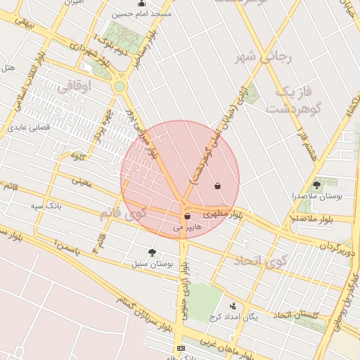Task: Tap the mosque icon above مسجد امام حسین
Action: click(x=123, y=3)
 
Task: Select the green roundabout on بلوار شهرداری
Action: click(x=120, y=86)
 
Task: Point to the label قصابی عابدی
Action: click(x=26, y=128)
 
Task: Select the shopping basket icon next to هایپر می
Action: click(x=186, y=217)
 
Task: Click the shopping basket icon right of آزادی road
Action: click(x=218, y=186)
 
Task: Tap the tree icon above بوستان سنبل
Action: click(x=152, y=252)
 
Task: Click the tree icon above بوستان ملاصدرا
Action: click(x=316, y=185)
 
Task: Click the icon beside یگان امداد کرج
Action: click(x=233, y=306)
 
